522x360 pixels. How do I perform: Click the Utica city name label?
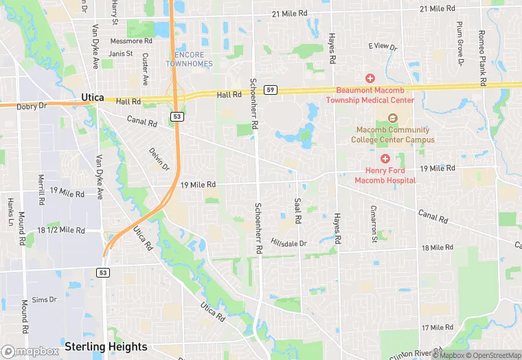click(92, 98)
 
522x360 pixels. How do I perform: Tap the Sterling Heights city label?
click(106, 346)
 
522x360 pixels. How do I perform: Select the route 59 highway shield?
click(271, 90)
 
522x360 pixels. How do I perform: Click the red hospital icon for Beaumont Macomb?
click(370, 78)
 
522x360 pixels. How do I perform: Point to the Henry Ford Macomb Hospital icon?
click(385, 159)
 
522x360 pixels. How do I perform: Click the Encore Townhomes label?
click(189, 59)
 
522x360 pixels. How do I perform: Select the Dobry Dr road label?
click(32, 106)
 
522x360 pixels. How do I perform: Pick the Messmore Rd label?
click(126, 41)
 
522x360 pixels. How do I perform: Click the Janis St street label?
click(120, 54)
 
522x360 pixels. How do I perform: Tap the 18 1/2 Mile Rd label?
click(60, 230)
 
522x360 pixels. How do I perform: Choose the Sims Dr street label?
click(44, 300)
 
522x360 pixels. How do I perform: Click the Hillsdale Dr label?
click(288, 243)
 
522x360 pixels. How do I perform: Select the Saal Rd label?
click(298, 211)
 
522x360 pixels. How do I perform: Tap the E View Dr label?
click(383, 47)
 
